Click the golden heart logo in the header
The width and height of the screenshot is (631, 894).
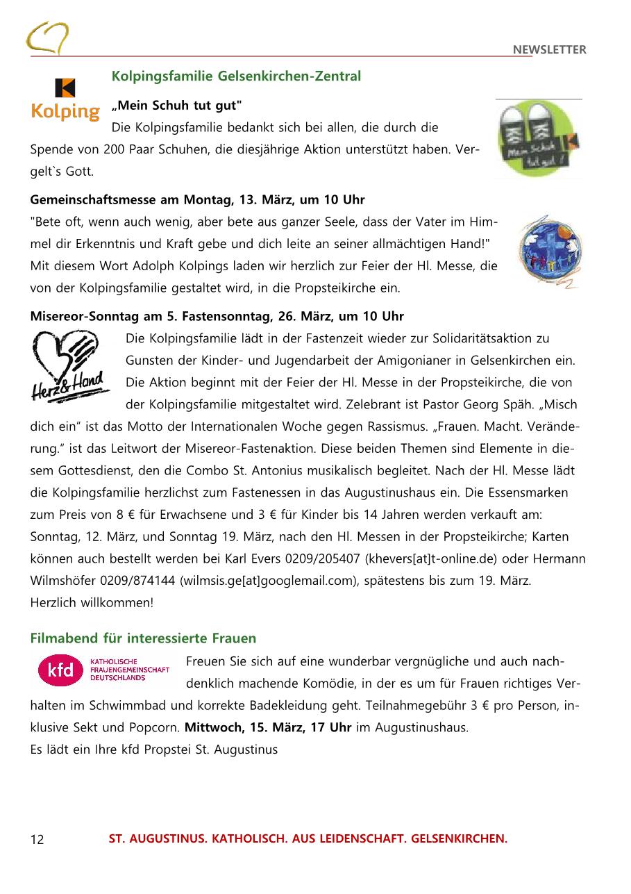(47, 38)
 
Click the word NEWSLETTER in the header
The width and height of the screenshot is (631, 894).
(549, 49)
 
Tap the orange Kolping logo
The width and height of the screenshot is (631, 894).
(66, 100)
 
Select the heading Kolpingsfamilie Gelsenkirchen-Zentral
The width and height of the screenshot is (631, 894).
(236, 76)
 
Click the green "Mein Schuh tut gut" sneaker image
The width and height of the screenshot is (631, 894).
(539, 139)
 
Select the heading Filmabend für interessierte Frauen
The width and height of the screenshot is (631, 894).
(143, 638)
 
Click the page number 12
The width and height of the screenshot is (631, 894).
(37, 839)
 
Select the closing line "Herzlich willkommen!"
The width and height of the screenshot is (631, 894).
(92, 602)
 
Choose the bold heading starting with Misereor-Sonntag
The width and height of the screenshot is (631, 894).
(217, 317)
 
